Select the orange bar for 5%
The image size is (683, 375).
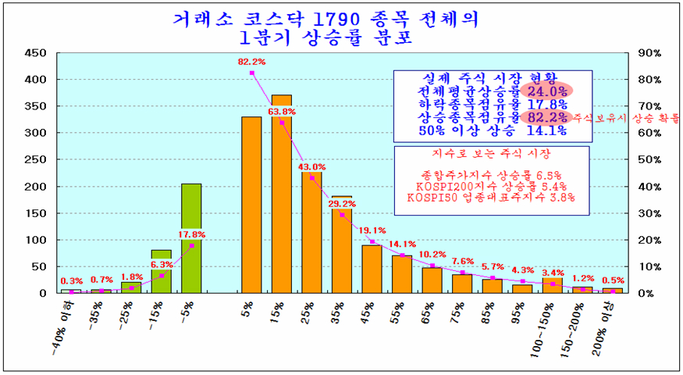click(251, 205)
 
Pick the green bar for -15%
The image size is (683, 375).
click(162, 272)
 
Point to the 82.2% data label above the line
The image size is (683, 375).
click(252, 61)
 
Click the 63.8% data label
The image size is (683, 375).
click(282, 112)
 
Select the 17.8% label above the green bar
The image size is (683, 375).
click(192, 234)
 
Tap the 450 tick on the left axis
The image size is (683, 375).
click(36, 53)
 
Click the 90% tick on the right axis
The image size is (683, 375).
click(649, 53)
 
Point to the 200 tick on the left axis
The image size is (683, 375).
click(36, 187)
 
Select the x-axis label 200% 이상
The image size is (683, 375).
click(606, 329)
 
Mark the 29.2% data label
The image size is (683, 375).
click(341, 204)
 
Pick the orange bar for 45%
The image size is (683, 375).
click(372, 268)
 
